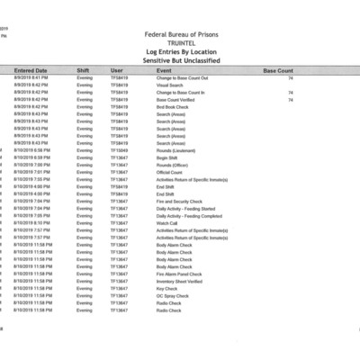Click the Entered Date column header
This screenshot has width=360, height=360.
pyautogui.click(x=31, y=69)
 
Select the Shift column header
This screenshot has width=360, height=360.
pyautogui.click(x=84, y=69)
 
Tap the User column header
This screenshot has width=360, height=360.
pyautogui.click(x=117, y=69)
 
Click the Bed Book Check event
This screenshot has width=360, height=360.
pyautogui.click(x=171, y=106)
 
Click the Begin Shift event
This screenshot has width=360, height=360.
pyautogui.click(x=166, y=157)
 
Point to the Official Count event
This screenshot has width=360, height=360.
pyautogui.click(x=169, y=172)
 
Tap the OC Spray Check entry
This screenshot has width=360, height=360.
pyautogui.click(x=172, y=295)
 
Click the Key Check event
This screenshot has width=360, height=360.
pyautogui.click(x=166, y=288)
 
